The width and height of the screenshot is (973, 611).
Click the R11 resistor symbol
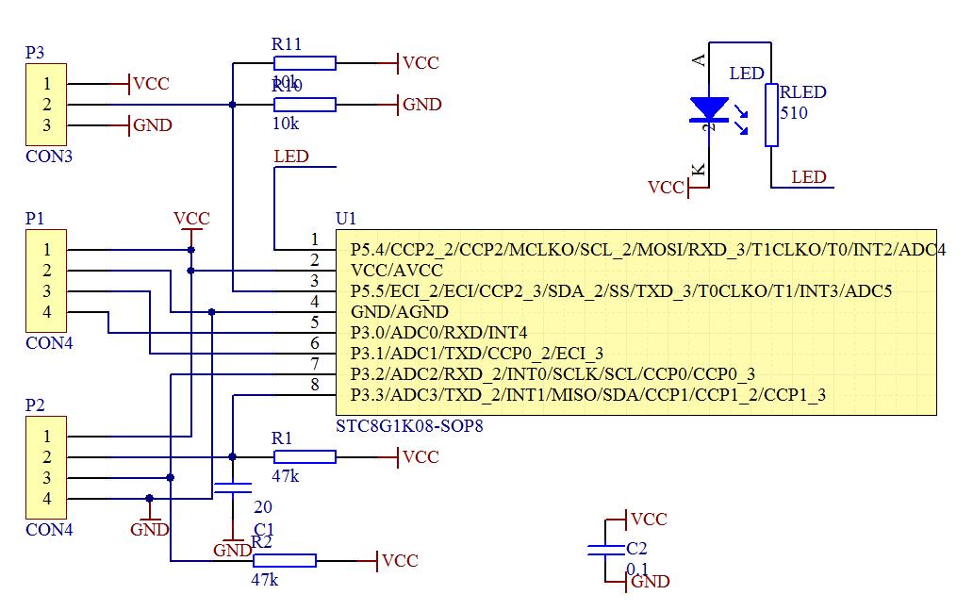pyautogui.click(x=305, y=63)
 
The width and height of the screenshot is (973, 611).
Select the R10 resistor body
pyautogui.click(x=305, y=105)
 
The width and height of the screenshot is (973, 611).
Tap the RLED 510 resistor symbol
pyautogui.click(x=771, y=115)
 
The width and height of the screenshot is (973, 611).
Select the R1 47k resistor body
pyautogui.click(x=305, y=457)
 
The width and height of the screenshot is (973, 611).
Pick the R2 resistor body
pyautogui.click(x=284, y=560)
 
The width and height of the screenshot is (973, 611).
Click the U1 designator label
pyautogui.click(x=346, y=219)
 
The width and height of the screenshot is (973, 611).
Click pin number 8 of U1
pyautogui.click(x=315, y=385)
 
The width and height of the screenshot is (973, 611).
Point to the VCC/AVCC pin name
pyautogui.click(x=396, y=270)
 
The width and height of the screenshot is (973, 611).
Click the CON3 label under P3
pyautogui.click(x=49, y=157)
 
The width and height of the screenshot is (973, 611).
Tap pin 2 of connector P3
pyautogui.click(x=46, y=105)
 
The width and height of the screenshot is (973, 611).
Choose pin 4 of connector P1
pyautogui.click(x=46, y=312)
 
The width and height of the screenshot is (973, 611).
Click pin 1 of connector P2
pyautogui.click(x=46, y=437)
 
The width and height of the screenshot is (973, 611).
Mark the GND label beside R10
pyautogui.click(x=421, y=105)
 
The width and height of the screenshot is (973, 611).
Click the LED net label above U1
pyautogui.click(x=290, y=157)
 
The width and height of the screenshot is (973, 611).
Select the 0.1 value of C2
pyautogui.click(x=638, y=569)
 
